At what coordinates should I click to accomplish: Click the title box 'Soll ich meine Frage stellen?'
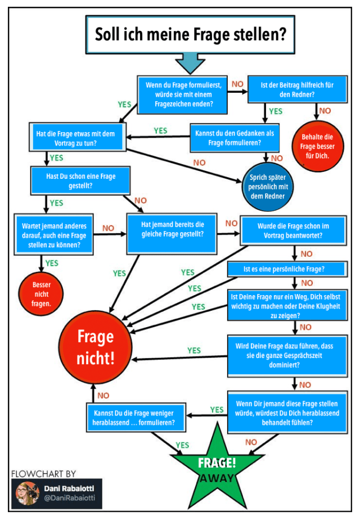click(x=190, y=34)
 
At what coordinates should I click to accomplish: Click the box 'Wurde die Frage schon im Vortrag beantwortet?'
click(x=293, y=230)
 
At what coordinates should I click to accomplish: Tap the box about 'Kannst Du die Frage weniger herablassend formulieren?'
click(x=138, y=416)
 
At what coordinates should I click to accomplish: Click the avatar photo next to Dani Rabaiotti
click(x=26, y=493)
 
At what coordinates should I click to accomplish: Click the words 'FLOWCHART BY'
click(x=43, y=474)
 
